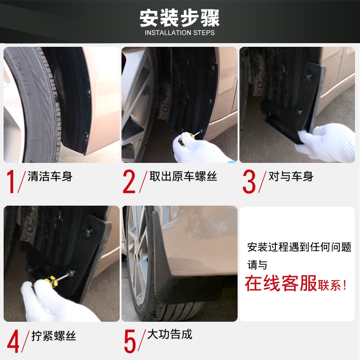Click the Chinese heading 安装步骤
pos(180,18)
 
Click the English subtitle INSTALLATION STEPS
pos(180,33)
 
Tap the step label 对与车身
pos(290,176)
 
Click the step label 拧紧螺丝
pos(54,336)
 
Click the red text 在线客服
pos(281,284)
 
